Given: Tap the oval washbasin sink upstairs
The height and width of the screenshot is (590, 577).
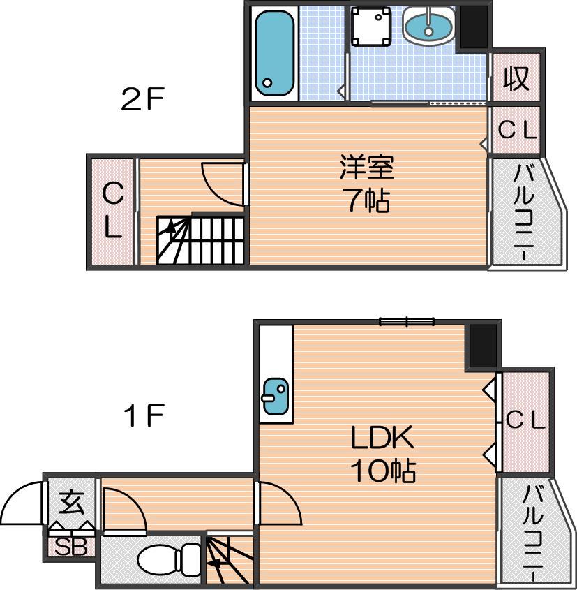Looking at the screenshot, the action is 428,26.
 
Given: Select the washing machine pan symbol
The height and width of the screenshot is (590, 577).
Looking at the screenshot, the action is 370,27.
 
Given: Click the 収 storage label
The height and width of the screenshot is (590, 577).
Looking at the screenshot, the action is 516,78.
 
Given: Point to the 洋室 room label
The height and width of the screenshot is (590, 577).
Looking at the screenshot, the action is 366,167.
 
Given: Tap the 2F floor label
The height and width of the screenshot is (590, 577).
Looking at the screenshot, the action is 142,98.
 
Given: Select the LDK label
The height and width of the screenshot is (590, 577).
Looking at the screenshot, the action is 382,437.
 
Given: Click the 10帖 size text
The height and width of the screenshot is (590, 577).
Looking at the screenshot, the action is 382,471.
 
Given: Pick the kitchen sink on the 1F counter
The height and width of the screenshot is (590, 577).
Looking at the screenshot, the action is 276,396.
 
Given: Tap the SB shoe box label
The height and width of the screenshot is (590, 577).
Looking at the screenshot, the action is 71,547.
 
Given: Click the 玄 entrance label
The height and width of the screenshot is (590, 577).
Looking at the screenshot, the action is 71,503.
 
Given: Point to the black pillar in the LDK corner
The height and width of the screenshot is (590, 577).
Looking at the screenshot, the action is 483,345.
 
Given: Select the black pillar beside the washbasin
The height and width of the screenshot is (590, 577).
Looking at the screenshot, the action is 474,27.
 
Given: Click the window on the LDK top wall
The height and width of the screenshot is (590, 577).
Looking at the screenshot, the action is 407,322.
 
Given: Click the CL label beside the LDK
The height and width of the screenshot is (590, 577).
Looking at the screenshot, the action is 525,420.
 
